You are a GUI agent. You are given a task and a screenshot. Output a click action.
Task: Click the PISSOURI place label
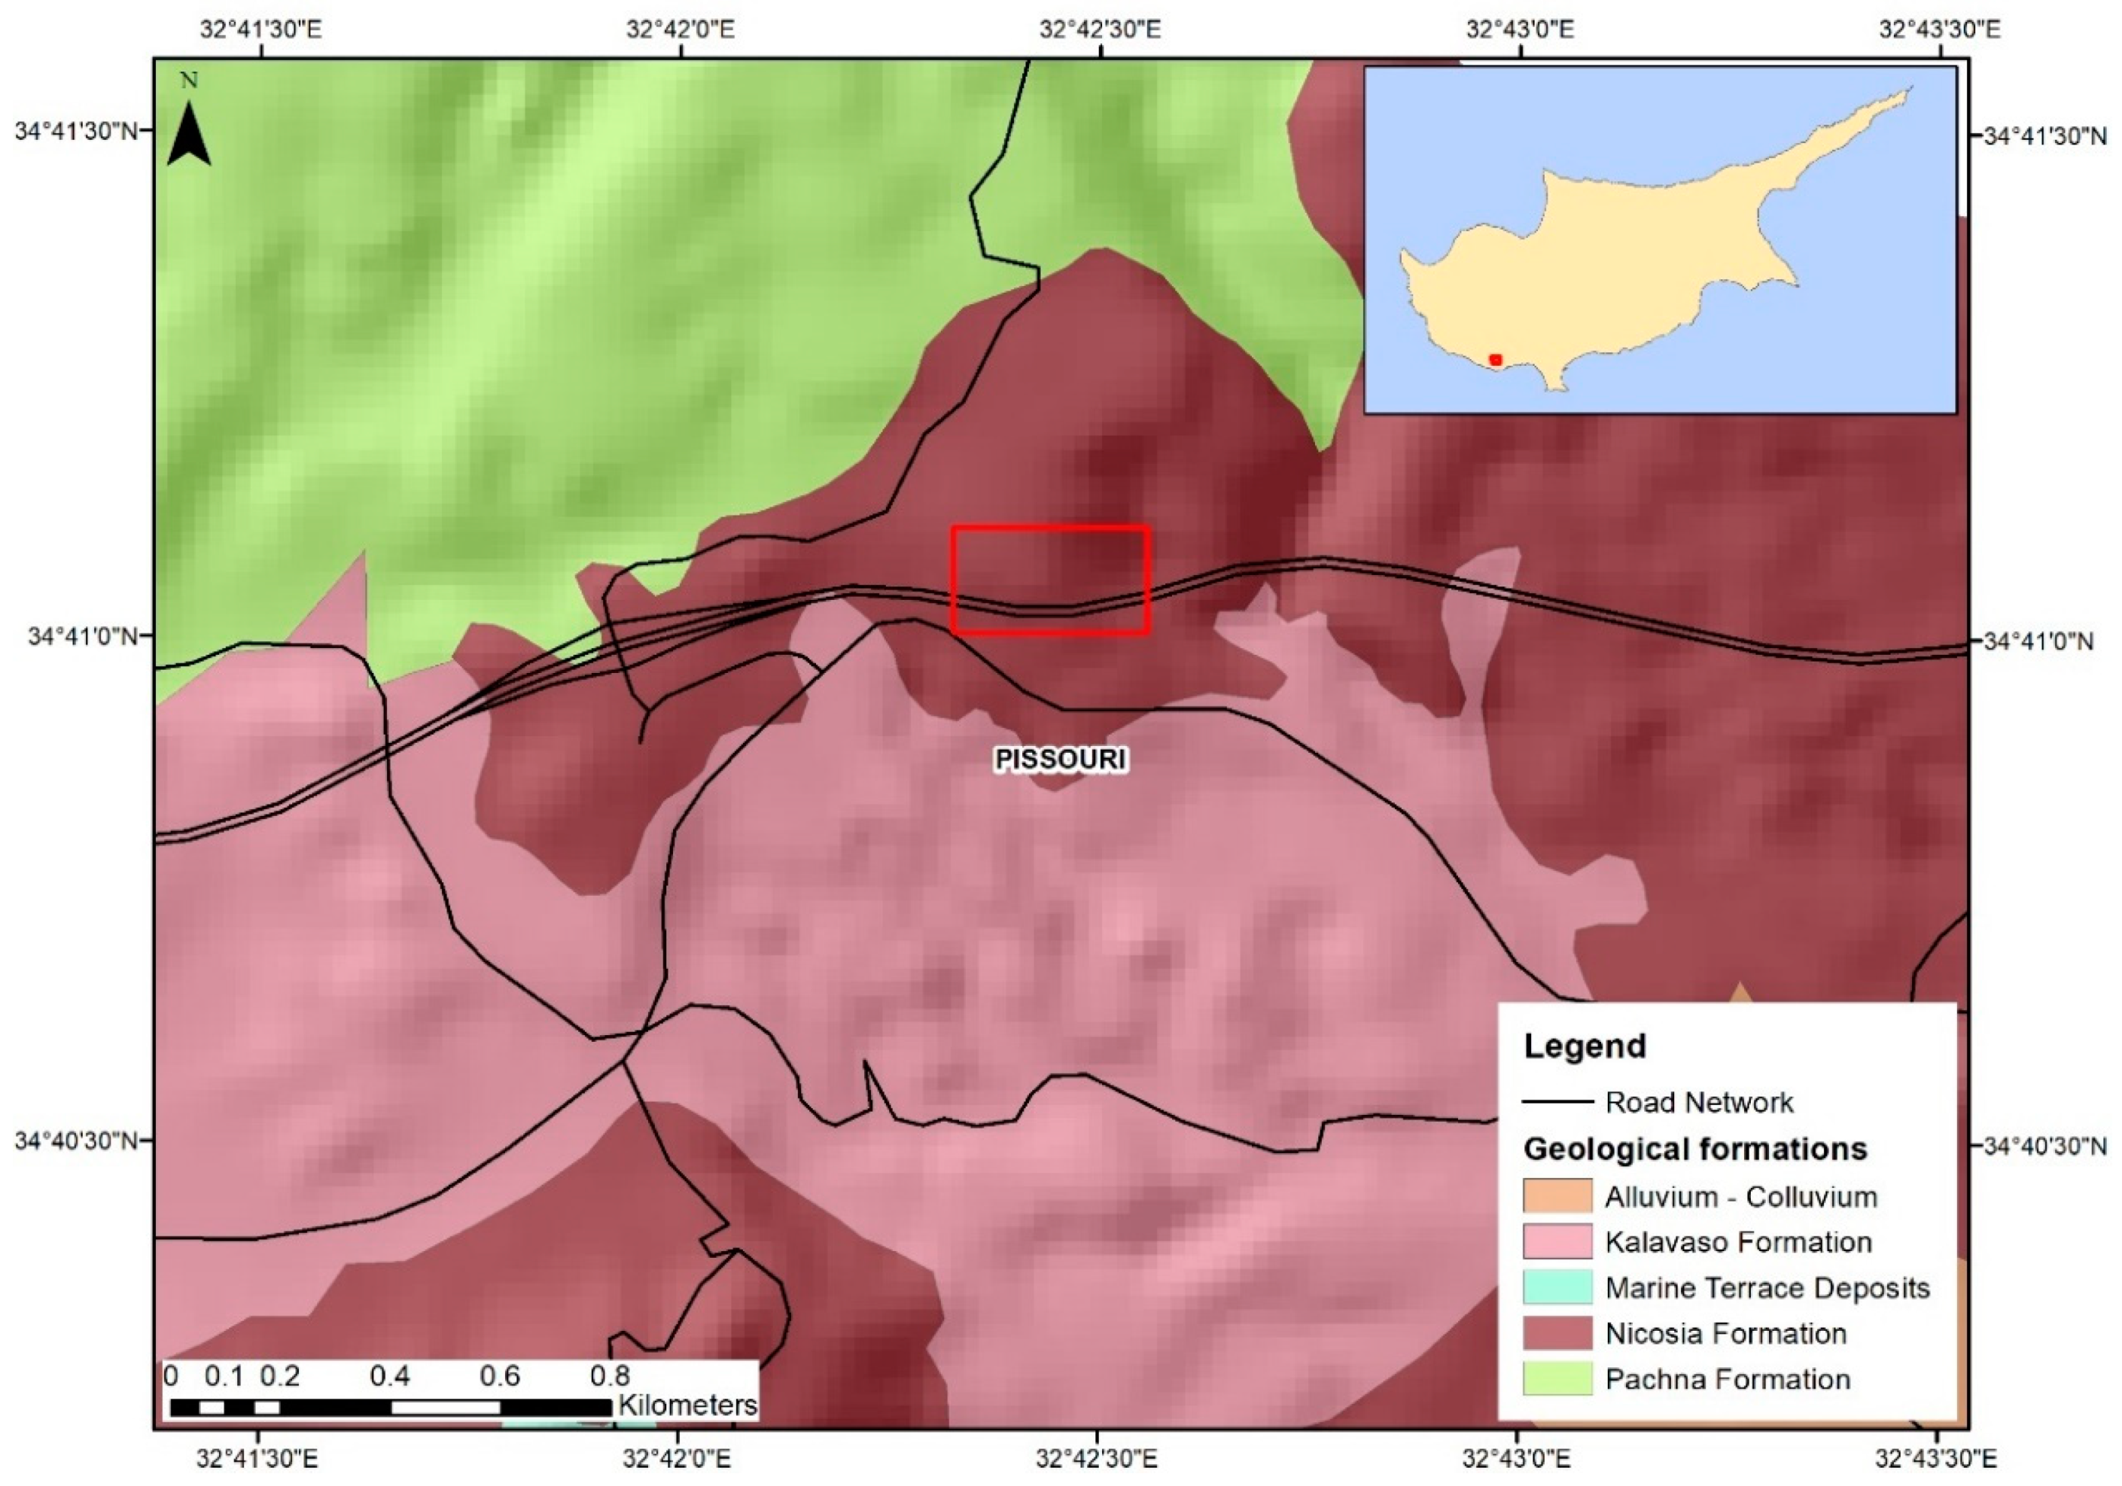(x=1060, y=760)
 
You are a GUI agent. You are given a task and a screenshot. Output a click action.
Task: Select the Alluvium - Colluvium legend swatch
(x=1558, y=1195)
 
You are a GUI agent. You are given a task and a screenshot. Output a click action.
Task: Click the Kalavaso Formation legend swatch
(x=1558, y=1241)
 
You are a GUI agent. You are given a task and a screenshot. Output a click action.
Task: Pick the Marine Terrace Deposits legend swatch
(x=1558, y=1287)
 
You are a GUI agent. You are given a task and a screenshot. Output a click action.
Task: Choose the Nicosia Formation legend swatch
(x=1558, y=1332)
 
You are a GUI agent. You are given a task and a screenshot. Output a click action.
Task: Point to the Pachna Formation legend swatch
(x=1558, y=1378)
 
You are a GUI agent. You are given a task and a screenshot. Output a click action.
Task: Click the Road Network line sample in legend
(x=1558, y=1101)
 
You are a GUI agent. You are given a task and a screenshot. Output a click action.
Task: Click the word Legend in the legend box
(x=1584, y=1046)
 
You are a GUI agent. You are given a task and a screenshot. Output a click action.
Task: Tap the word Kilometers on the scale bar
(x=687, y=1405)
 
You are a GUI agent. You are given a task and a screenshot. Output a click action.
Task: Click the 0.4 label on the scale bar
(x=389, y=1376)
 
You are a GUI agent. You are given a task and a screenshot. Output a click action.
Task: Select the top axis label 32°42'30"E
(x=1100, y=29)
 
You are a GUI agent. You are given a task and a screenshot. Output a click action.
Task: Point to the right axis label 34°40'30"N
(x=2044, y=1146)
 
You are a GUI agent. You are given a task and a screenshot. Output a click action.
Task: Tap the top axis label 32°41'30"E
(x=261, y=29)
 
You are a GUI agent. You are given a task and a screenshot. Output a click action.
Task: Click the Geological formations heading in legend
(x=1695, y=1148)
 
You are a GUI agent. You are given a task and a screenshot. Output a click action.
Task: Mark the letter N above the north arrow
(x=189, y=81)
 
